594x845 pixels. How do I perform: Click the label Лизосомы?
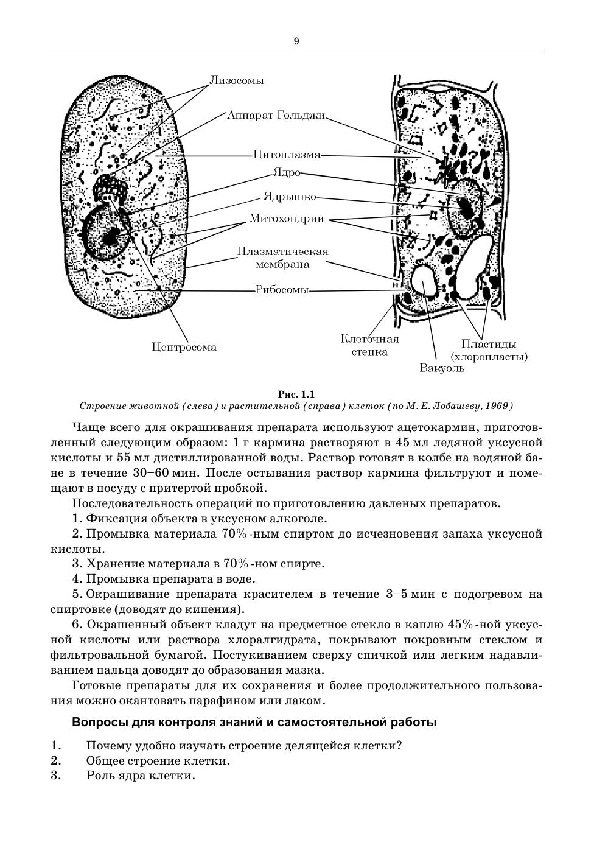tap(237, 80)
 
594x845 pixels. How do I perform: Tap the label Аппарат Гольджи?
tap(276, 115)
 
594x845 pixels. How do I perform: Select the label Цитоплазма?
tap(287, 155)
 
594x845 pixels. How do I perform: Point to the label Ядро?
tap(286, 173)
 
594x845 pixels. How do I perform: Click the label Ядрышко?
tap(290, 197)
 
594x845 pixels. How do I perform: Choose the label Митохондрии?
tap(287, 219)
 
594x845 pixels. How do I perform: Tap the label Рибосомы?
tap(282, 290)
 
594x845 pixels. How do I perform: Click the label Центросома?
tap(184, 348)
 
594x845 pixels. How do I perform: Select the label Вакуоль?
tap(442, 368)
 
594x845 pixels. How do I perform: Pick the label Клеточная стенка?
tap(369, 345)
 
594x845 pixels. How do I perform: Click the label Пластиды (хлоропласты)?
tap(489, 350)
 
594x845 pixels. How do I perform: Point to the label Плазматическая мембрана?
tap(282, 258)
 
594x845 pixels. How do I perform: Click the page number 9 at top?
tap(296, 41)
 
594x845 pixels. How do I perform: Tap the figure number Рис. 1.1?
tap(296, 394)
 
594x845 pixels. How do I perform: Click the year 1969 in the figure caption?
tap(501, 406)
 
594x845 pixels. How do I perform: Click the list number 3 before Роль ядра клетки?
tap(55, 776)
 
